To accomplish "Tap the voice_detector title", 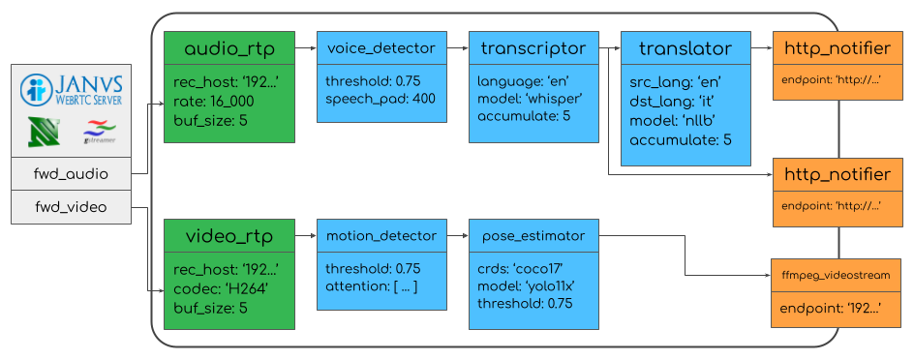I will (381, 47).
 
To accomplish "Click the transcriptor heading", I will (533, 47).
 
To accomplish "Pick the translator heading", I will (685, 48).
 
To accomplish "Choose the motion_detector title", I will (381, 235).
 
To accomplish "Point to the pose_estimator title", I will (533, 235).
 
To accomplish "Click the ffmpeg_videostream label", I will (836, 276).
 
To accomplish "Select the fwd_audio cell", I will (71, 175).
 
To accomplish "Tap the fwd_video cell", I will (71, 207).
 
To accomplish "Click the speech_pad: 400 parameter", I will (381, 99).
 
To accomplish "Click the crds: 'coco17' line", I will (519, 269).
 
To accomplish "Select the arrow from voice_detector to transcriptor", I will (457, 47).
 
